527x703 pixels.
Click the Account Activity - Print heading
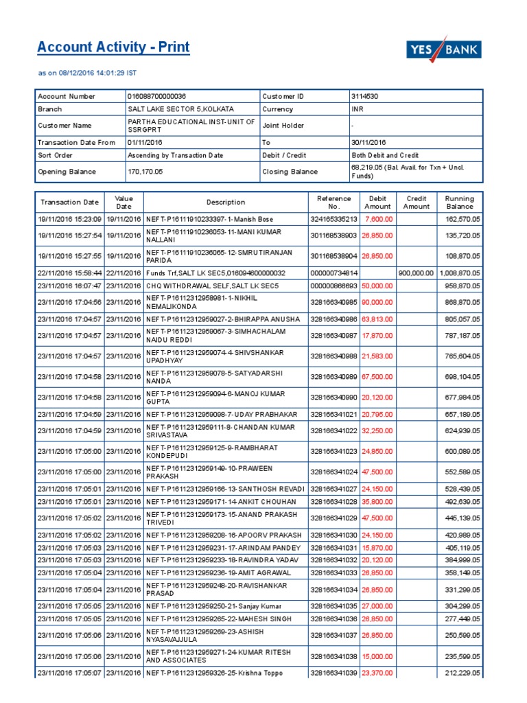pyautogui.click(x=113, y=47)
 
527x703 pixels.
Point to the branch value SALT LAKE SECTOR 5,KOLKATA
pyautogui.click(x=180, y=109)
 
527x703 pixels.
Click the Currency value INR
pyautogui.click(x=358, y=109)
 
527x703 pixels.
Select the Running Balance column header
pyautogui.click(x=459, y=202)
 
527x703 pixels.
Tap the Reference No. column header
pyautogui.click(x=334, y=202)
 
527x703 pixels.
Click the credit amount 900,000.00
pyautogui.click(x=416, y=273)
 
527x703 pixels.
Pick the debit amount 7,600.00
pyautogui.click(x=379, y=219)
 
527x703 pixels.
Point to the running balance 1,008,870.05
pyautogui.click(x=459, y=273)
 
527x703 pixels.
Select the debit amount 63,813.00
pyautogui.click(x=379, y=319)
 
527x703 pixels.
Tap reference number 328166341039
pyautogui.click(x=334, y=673)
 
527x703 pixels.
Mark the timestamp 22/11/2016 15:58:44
pyautogui.click(x=69, y=273)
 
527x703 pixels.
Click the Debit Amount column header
pyautogui.click(x=378, y=202)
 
